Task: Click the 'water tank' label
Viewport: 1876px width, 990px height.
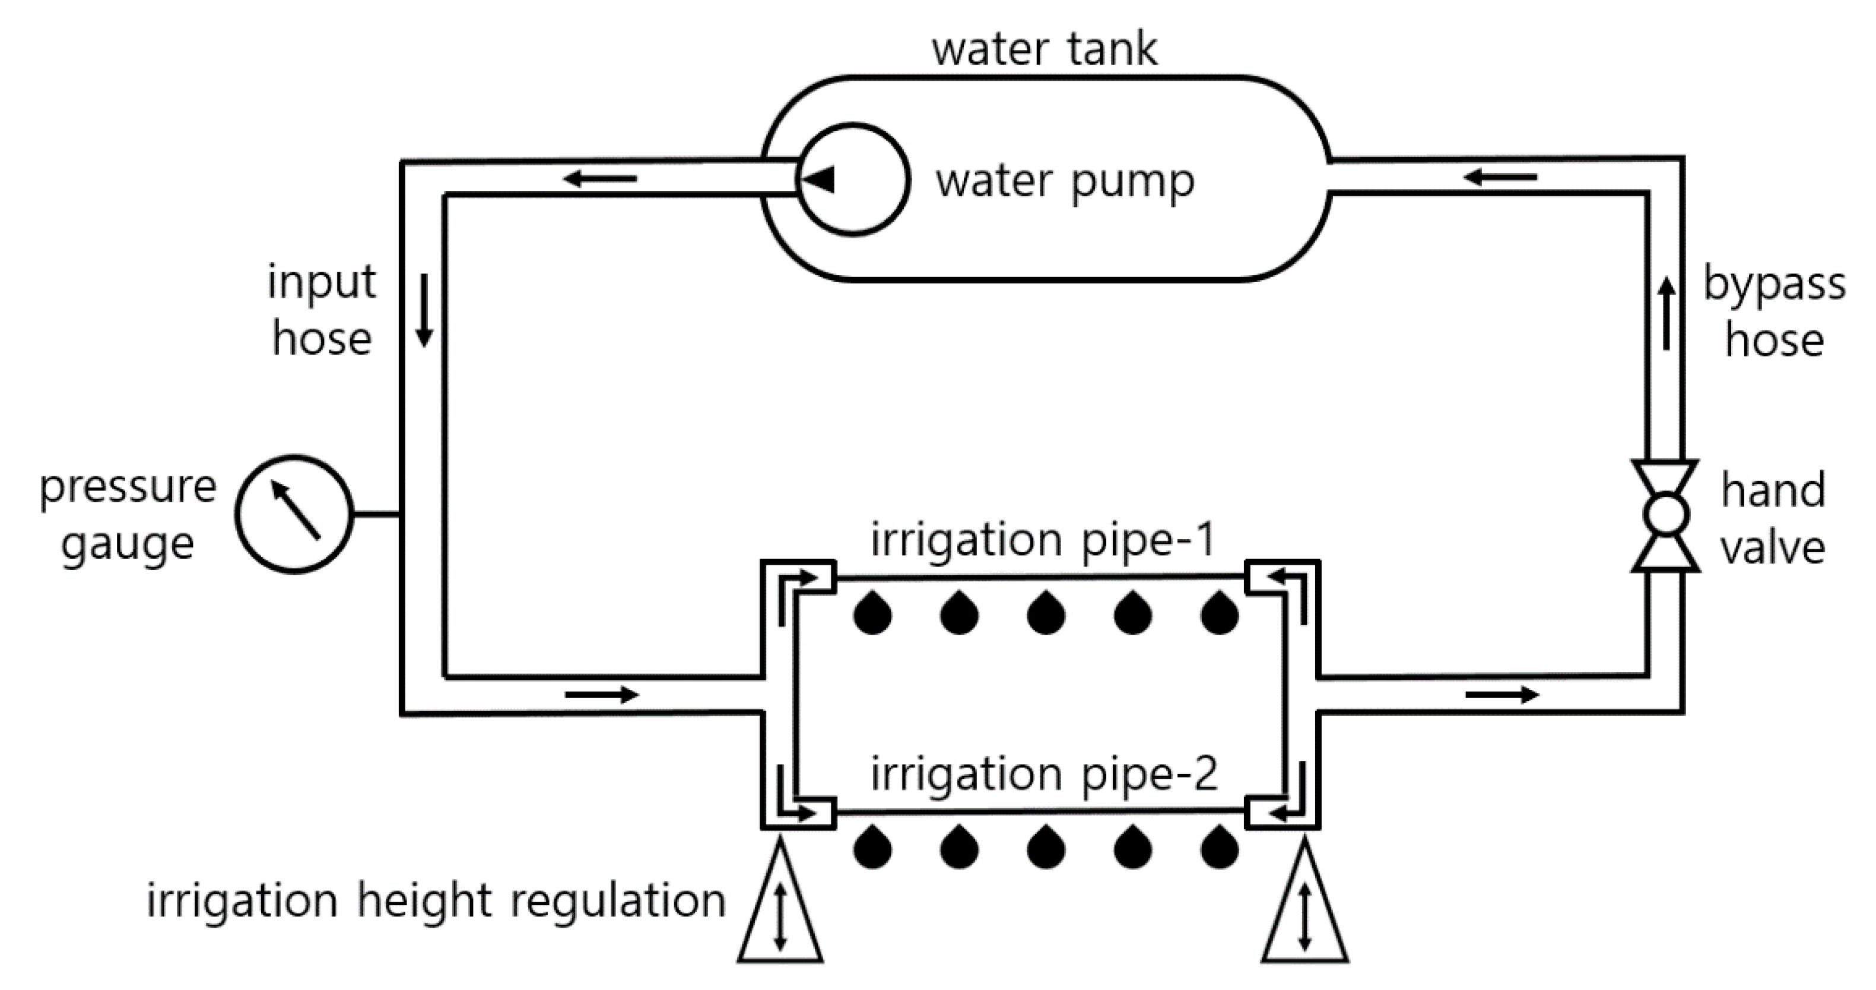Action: coord(1045,49)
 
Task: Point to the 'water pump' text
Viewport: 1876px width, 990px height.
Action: coord(1065,182)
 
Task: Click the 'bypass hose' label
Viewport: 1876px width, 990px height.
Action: coord(1774,311)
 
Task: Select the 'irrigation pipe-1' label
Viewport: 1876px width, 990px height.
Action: coord(1043,540)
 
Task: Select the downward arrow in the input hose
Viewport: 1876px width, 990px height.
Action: coord(424,311)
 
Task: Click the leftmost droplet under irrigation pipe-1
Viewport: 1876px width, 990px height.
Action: coord(872,612)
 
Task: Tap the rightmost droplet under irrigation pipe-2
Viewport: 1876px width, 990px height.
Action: coord(1219,846)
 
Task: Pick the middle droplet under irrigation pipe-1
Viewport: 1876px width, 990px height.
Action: coord(1046,612)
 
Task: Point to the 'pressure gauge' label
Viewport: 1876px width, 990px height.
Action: coord(128,515)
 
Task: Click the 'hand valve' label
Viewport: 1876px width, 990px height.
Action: coord(1773,518)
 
